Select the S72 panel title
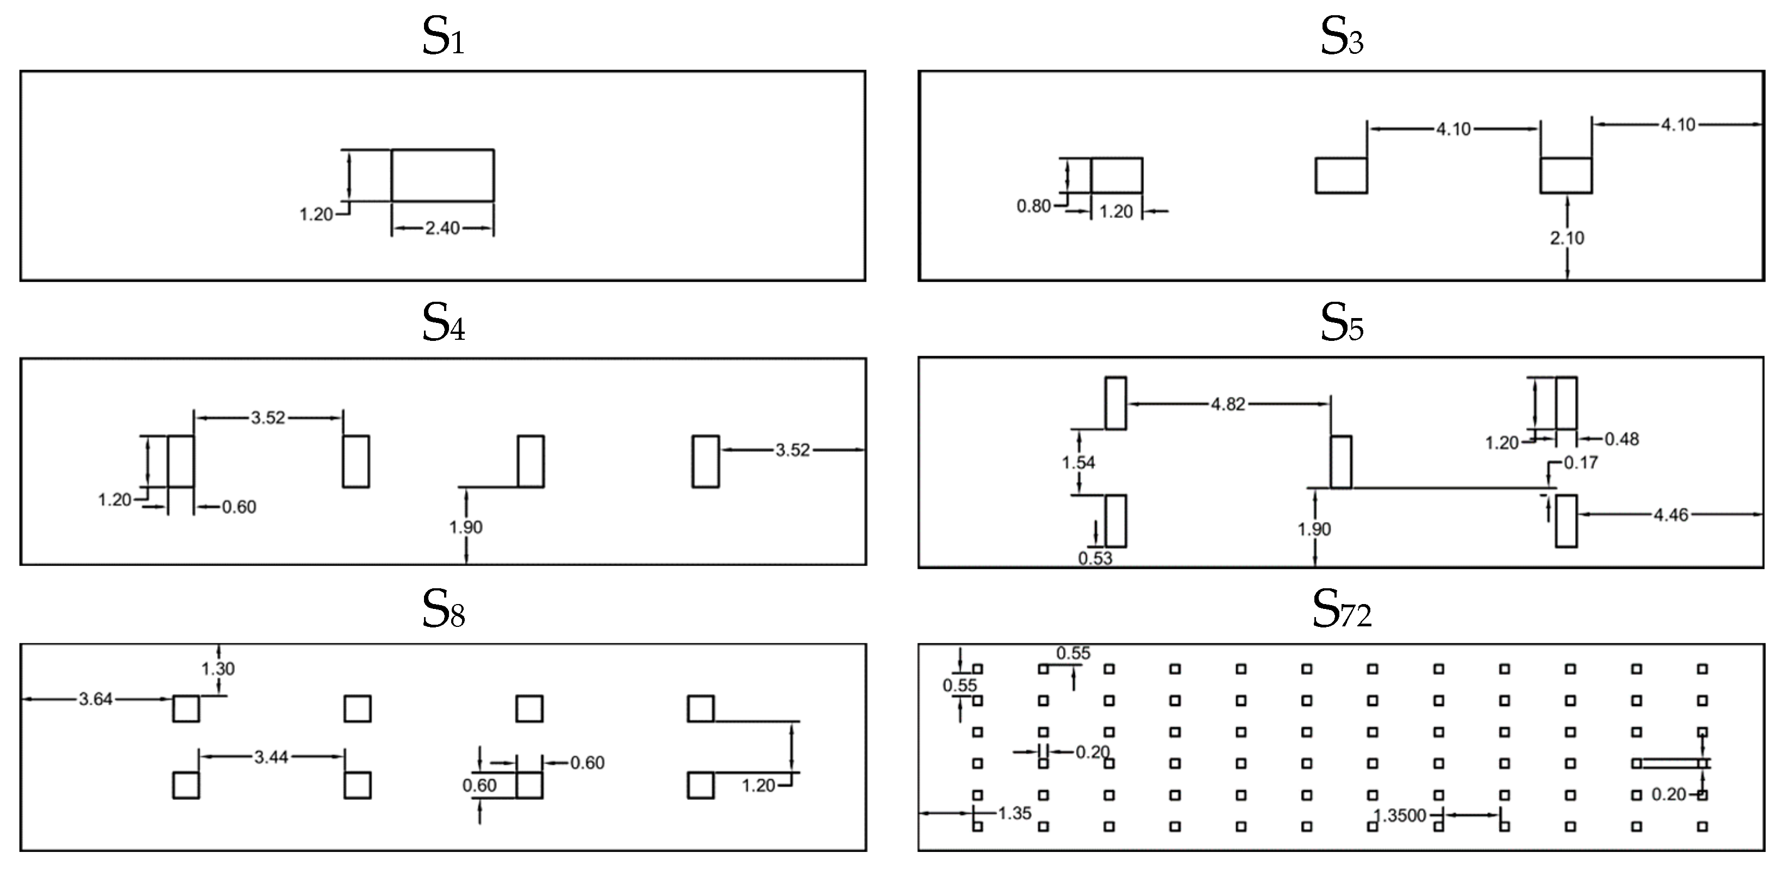coord(1342,610)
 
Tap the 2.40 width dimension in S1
coord(442,228)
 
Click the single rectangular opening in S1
coord(442,175)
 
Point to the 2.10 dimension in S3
coord(1567,238)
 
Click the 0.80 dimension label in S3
coord(1033,207)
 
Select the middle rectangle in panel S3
coord(1341,175)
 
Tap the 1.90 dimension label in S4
coord(465,527)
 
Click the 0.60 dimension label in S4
coord(239,507)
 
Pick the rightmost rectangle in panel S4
coord(705,462)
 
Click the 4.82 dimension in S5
coord(1228,404)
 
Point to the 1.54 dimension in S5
coord(1078,463)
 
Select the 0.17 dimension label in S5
coord(1581,462)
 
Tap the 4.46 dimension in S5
coord(1670,515)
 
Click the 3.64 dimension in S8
coord(96,700)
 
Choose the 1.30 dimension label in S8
coord(218,669)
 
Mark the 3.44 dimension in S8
coord(271,757)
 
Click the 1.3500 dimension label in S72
coord(1400,816)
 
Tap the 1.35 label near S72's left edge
coord(1015,813)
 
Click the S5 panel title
coord(1342,323)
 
